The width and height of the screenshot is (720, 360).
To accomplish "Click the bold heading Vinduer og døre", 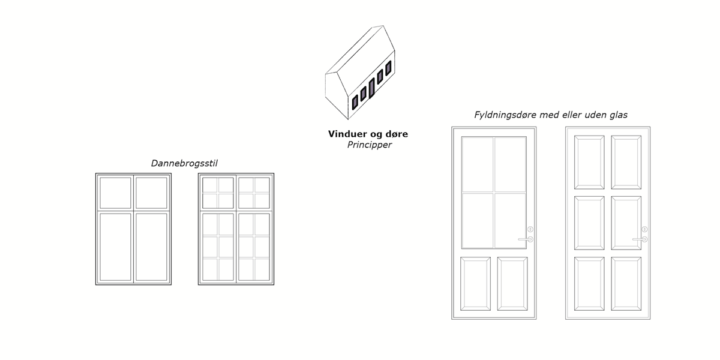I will coord(368,134).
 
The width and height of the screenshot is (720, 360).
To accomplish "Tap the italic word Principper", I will coord(368,145).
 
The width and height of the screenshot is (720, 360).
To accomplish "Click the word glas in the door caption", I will coord(617,115).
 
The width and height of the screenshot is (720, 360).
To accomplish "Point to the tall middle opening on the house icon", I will coord(372,88).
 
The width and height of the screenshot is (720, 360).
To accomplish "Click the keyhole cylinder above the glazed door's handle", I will coord(530,229).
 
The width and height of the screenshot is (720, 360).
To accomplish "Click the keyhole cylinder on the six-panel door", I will coord(644,229).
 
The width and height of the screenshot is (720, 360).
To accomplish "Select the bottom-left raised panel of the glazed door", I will coord(475,283).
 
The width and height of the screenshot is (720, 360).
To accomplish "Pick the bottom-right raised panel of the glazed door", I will coord(512,283).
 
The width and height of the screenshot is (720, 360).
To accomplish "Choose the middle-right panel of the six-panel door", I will coord(626,222).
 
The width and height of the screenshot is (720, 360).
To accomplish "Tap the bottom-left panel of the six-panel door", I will coord(589,283).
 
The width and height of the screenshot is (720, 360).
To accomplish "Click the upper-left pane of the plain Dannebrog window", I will coord(115,192).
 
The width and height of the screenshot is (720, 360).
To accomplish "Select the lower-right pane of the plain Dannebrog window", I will coord(151,247).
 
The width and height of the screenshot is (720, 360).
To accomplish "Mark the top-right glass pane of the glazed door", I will coord(511,164).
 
